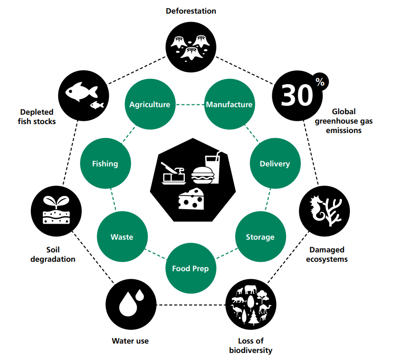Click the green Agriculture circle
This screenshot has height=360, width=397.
tap(150, 104)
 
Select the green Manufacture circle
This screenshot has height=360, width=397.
tap(229, 104)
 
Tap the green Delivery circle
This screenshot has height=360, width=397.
tap(275, 164)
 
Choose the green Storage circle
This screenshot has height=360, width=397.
tap(260, 237)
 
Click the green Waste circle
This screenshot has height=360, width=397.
tap(122, 237)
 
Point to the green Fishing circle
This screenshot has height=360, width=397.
tap(105, 164)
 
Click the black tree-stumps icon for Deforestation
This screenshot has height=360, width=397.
tap(191, 47)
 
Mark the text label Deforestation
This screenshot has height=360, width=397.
tap(191, 11)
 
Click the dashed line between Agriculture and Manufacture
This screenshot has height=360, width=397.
tap(189, 104)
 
